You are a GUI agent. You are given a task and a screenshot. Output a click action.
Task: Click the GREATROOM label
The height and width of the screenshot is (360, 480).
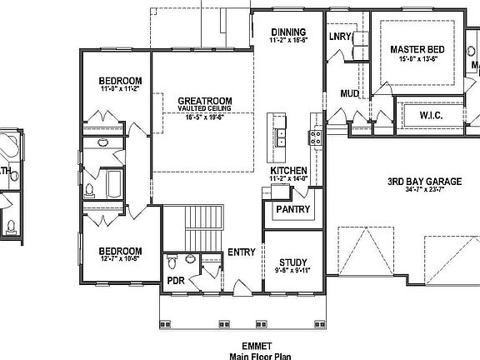204,101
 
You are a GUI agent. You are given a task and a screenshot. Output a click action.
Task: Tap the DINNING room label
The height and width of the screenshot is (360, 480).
288,32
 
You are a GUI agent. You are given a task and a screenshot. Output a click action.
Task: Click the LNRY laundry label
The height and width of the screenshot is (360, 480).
340,36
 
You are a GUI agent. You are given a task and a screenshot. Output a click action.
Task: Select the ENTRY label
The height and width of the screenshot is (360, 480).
242,253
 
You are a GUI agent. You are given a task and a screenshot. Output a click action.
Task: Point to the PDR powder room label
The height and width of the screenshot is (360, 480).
176,280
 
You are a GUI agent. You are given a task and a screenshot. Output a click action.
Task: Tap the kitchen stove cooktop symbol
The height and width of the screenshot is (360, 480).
316,137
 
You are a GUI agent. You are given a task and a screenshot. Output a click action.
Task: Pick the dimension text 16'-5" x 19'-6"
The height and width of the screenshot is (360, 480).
204,117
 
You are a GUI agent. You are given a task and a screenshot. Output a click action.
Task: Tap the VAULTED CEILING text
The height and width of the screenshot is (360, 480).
204,109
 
